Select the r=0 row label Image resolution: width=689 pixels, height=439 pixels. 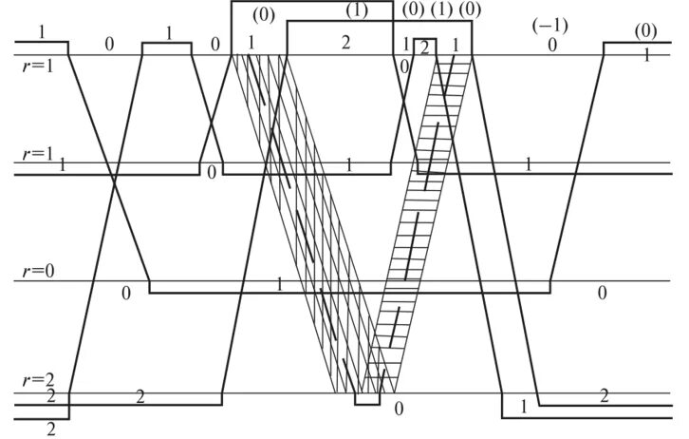pos(39,272)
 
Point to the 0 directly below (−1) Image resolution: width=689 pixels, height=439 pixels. pos(551,44)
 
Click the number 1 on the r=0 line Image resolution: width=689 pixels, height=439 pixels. pos(279,284)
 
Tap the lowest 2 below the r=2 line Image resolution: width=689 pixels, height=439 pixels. pos(50,429)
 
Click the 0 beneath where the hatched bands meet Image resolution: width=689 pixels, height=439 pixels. pos(399,410)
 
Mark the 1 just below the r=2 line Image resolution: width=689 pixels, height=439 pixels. pos(523,407)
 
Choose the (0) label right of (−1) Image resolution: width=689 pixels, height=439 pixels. pos(644,31)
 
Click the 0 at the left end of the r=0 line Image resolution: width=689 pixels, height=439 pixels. pos(125,293)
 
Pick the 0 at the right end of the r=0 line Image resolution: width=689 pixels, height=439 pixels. pos(602,293)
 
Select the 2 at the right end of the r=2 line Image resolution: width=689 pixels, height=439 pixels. pos(604,394)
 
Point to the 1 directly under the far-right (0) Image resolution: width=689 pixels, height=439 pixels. pos(646,55)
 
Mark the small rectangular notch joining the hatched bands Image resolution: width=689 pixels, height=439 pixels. pos(367,399)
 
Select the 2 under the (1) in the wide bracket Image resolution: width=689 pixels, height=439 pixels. pos(345,43)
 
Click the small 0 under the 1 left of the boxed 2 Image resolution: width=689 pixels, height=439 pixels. pos(405,66)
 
